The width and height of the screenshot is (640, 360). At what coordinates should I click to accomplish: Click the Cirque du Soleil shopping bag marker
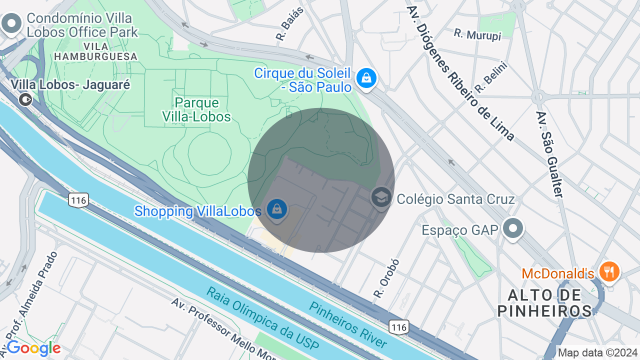[366, 78]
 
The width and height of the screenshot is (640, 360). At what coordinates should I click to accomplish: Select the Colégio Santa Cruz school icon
[381, 198]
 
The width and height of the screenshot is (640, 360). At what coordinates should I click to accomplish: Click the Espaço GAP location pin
[512, 229]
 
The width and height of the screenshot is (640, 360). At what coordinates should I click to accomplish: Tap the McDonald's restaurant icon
[608, 272]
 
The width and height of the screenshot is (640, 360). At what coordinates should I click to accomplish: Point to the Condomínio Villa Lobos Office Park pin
[11, 23]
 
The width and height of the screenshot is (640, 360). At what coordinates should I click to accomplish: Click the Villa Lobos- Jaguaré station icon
[24, 99]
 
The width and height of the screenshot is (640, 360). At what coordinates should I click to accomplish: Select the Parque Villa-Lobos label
[196, 110]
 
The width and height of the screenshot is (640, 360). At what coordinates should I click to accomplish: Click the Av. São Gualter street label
[549, 153]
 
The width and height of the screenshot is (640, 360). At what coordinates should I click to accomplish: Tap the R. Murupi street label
[477, 34]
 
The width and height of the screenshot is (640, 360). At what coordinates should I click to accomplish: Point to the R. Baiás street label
[283, 30]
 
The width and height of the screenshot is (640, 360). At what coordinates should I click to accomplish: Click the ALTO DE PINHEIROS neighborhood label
[545, 302]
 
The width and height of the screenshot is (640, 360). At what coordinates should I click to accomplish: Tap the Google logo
[33, 348]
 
